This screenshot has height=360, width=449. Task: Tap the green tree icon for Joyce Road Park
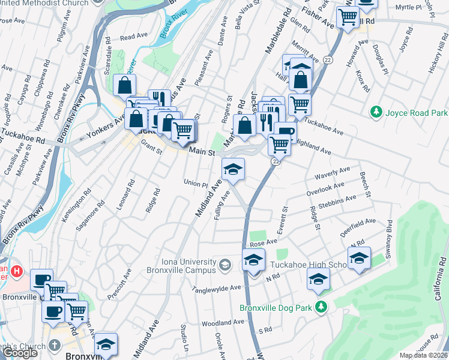click(x=376, y=112)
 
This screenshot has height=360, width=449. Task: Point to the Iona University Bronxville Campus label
click(x=180, y=266)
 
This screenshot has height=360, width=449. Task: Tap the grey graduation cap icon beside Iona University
click(x=224, y=265)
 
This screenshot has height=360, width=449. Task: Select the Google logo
click(x=20, y=353)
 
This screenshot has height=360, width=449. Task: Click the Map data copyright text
click(x=423, y=355)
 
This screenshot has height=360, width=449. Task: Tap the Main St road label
click(x=202, y=153)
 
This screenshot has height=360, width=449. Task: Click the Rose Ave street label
click(x=264, y=242)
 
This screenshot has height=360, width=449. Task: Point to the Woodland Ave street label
click(x=223, y=323)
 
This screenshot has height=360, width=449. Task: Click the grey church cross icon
click(x=55, y=346)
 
